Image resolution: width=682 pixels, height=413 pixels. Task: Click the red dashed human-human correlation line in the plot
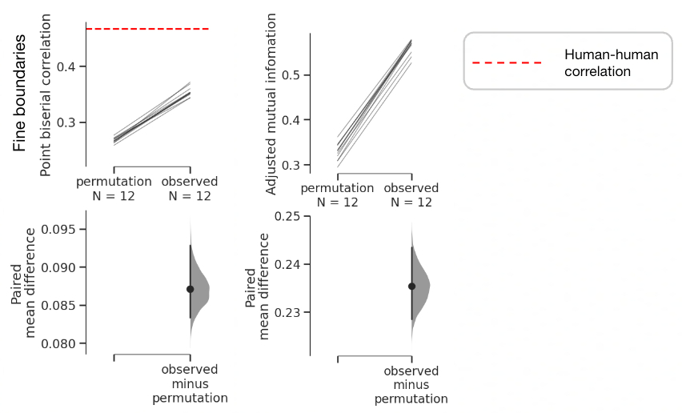[147, 29]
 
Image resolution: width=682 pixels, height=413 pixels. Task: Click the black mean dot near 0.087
[190, 289]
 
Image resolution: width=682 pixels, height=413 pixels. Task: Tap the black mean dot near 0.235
[412, 286]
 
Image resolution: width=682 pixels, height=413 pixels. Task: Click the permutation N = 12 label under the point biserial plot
[114, 189]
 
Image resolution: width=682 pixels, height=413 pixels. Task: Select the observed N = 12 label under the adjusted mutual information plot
[411, 195]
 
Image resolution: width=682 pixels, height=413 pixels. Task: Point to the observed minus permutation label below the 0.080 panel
[190, 383]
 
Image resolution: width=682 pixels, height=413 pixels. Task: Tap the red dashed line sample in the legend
[507, 62]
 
